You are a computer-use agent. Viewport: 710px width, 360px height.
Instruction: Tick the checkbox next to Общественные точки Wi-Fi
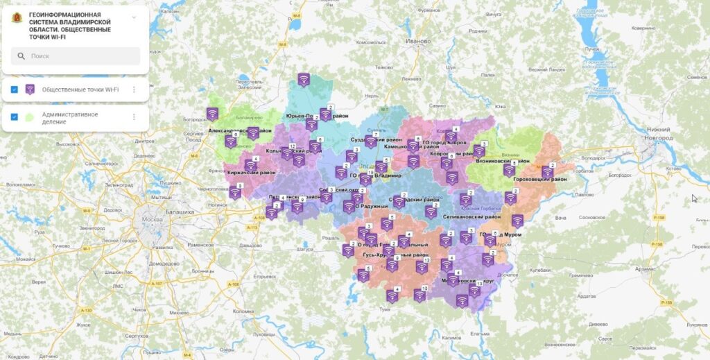click(x=14, y=89)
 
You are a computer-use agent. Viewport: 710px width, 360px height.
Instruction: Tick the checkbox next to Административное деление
click(x=14, y=117)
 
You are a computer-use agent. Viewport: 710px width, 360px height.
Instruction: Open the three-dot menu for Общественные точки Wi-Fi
click(x=134, y=89)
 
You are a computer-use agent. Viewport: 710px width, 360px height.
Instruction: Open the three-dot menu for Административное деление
click(x=134, y=117)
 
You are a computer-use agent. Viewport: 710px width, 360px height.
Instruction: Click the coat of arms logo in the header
click(x=16, y=19)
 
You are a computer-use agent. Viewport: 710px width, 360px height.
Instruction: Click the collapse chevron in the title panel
click(x=134, y=17)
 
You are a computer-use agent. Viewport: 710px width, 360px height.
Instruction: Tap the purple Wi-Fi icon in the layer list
click(x=30, y=89)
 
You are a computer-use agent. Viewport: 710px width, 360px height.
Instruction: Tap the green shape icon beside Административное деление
click(x=30, y=117)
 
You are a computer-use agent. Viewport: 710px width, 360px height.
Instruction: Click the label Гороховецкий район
click(x=540, y=180)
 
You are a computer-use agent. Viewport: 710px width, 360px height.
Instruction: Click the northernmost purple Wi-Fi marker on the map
click(x=304, y=79)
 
